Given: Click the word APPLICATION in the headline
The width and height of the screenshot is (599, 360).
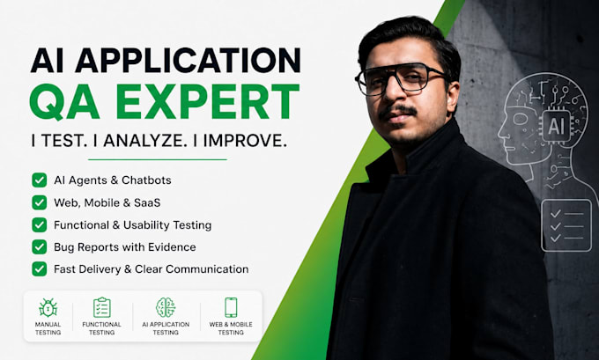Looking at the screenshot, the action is point(188,61).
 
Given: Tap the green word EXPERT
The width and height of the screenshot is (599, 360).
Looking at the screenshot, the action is point(208,101).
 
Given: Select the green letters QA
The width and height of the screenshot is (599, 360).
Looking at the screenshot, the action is point(64,102).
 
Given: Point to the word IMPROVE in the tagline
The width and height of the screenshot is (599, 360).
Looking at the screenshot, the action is point(245,141).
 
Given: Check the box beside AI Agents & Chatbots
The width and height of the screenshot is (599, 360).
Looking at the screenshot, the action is point(40,180).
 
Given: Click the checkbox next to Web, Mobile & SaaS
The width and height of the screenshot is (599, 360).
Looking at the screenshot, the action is point(40,202).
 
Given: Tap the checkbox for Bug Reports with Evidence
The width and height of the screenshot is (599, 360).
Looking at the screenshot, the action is point(40,247).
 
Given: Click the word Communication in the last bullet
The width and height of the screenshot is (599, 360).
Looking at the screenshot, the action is point(207,269).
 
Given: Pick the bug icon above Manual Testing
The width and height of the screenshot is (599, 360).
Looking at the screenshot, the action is point(48,307).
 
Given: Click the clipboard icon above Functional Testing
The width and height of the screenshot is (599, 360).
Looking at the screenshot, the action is point(102,307).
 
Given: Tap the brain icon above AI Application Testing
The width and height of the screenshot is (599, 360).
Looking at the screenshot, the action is point(166,307).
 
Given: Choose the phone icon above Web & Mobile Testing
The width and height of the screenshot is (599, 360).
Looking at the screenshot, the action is point(231,307).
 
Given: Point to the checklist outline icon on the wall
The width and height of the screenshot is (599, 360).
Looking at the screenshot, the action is point(566,225).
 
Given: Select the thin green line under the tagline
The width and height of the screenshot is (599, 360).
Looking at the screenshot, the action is point(158,159).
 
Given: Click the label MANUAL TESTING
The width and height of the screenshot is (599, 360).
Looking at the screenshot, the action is point(48,328).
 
